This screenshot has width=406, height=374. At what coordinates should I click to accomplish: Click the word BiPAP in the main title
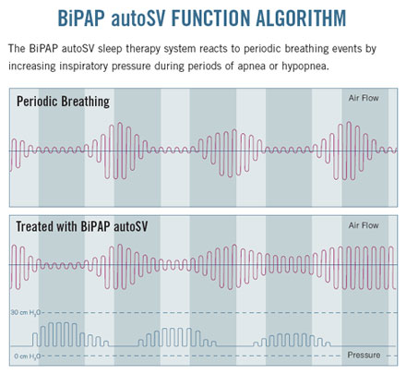(81, 18)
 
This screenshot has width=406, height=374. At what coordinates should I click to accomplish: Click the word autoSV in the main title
(138, 18)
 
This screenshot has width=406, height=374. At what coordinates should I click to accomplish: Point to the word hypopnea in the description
(304, 66)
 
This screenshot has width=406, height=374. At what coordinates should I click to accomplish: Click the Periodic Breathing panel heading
(63, 102)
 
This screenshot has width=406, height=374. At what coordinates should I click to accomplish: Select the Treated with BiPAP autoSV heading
(81, 226)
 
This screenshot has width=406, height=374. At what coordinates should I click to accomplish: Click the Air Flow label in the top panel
(364, 98)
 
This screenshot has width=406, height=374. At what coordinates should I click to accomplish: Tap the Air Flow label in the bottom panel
(364, 225)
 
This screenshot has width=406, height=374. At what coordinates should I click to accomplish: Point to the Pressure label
(364, 355)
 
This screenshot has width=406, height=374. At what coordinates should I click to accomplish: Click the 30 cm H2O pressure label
(25, 313)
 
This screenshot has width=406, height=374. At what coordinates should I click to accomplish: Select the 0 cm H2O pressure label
(27, 356)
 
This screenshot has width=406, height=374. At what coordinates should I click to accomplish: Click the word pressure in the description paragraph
(131, 67)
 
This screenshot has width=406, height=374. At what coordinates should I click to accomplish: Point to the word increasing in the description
(32, 66)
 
